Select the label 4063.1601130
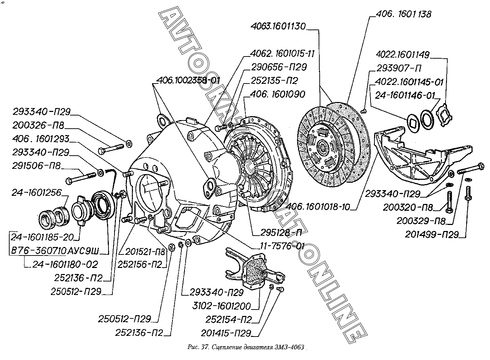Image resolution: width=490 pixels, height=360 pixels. coord(278,27)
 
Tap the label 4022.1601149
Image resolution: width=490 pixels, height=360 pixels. coord(403,55)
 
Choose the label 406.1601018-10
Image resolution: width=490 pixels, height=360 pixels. coord(323,207)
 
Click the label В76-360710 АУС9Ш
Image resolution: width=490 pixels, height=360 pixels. coord(55,251)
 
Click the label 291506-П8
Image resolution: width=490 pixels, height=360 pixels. coord(36,166)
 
